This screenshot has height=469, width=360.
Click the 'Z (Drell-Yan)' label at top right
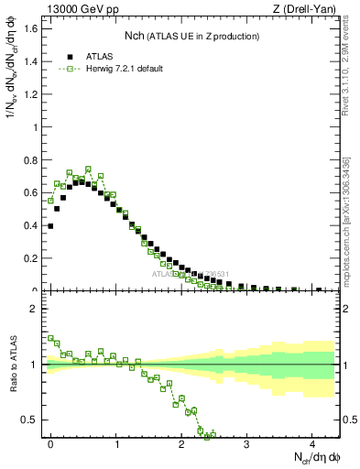click(308, 8)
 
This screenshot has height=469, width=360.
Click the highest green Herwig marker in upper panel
click(88, 169)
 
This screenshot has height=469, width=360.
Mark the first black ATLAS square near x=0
click(50, 225)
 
